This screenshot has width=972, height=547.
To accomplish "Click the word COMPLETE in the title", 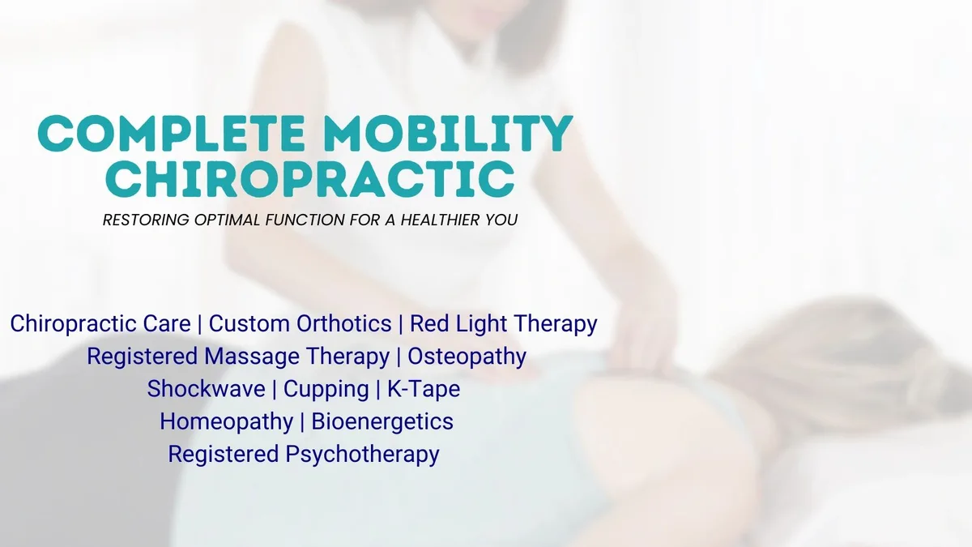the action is click(x=171, y=133).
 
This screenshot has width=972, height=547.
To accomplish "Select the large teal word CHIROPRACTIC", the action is click(x=310, y=179).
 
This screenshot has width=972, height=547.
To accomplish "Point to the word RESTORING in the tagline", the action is click(x=146, y=220).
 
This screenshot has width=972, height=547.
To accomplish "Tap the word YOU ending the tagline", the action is click(x=501, y=220).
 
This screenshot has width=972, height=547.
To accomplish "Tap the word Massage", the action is click(x=252, y=357).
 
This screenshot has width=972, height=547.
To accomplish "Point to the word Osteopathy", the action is click(x=467, y=357).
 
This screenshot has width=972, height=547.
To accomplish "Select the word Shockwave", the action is click(x=206, y=388).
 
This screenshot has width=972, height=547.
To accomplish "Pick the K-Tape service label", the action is click(x=424, y=389).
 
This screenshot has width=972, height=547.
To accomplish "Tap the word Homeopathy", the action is click(x=227, y=422).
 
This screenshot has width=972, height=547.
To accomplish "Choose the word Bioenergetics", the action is click(x=382, y=422).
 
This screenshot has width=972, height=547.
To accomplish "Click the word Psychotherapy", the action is click(x=362, y=455).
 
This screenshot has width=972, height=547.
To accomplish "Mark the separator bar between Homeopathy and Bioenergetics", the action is click(x=302, y=422).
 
